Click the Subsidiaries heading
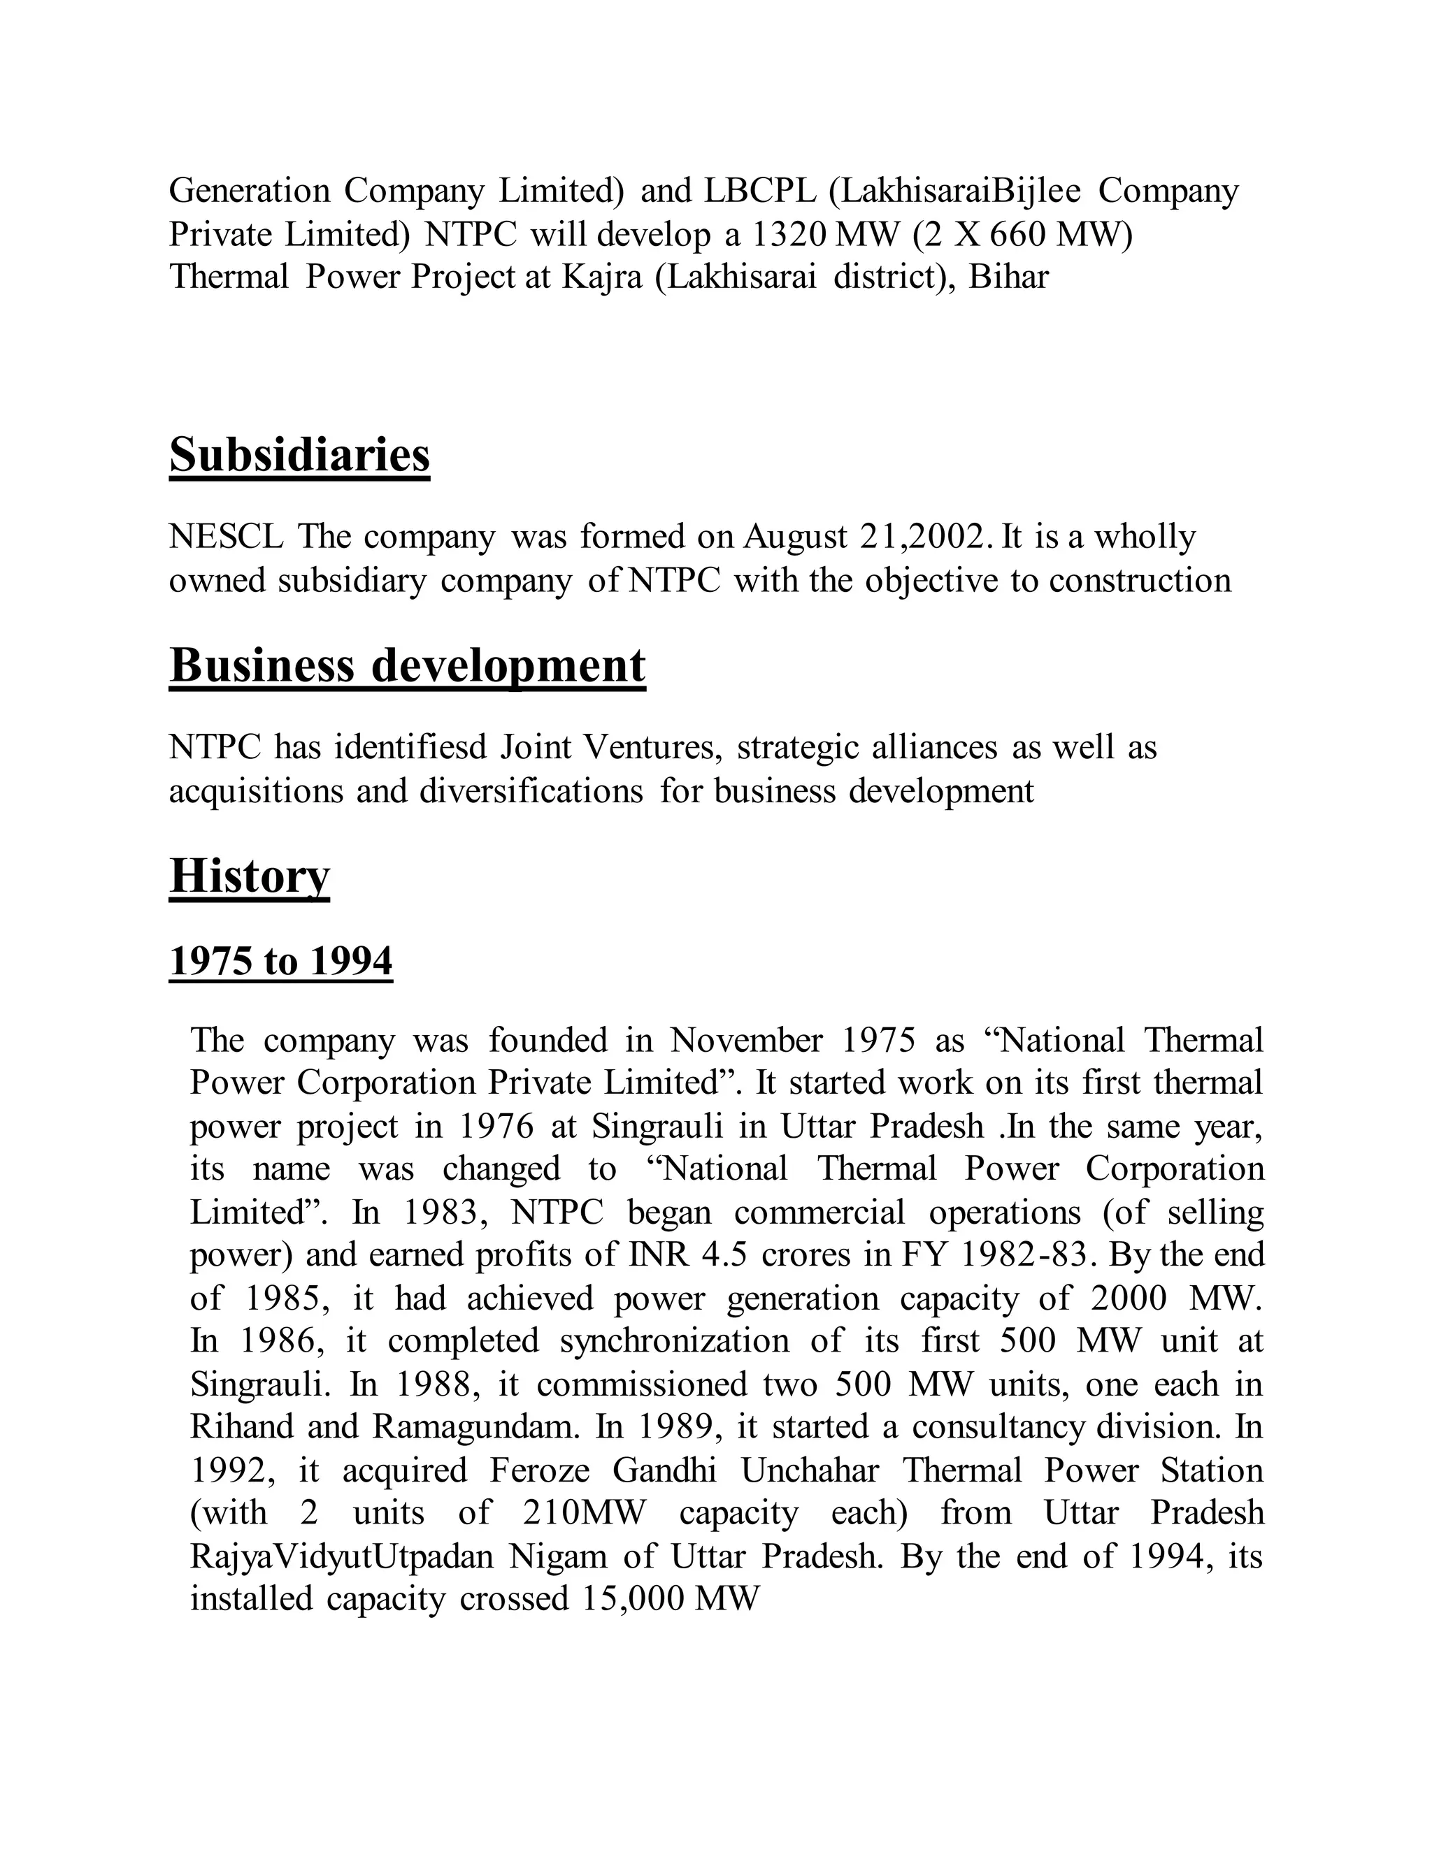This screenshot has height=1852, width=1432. tap(299, 456)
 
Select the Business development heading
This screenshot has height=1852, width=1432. tap(407, 665)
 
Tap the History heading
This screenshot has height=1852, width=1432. tap(250, 875)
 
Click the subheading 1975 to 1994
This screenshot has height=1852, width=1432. tap(281, 962)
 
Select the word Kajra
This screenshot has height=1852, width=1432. tap(601, 277)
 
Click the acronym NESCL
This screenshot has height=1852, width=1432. tap(227, 537)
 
